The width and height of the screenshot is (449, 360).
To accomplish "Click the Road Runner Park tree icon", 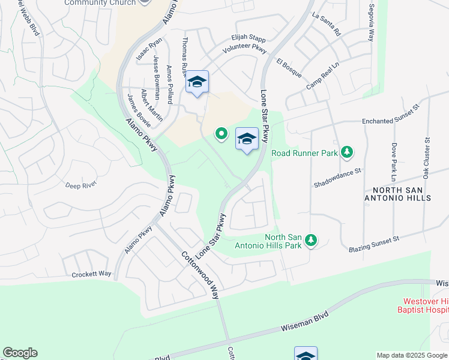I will point(347,153).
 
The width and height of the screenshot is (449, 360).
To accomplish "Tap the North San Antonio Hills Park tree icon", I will point(310,241).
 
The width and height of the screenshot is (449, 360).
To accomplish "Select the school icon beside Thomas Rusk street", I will point(197,83).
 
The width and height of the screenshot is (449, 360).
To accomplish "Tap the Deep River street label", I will point(81,185).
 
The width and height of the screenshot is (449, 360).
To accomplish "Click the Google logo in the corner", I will point(20,353).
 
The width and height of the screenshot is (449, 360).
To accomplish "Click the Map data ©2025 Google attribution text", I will point(411,355).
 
